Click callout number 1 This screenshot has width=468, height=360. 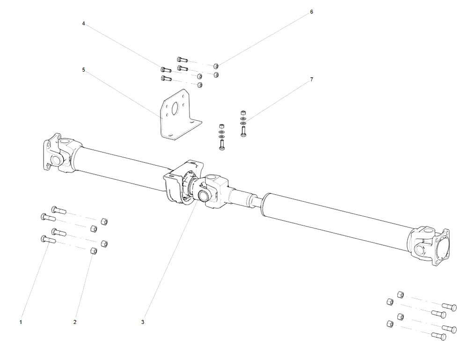pyautogui.click(x=21, y=322)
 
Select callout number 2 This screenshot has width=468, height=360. pyautogui.click(x=75, y=322)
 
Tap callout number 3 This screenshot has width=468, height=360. pyautogui.click(x=143, y=322)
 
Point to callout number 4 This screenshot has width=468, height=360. pyautogui.click(x=83, y=23)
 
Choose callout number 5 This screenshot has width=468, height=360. pyautogui.click(x=83, y=70)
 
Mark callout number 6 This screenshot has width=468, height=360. pyautogui.click(x=312, y=12)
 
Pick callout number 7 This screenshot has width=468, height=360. pyautogui.click(x=312, y=80)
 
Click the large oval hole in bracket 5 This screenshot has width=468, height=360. pyautogui.click(x=174, y=109)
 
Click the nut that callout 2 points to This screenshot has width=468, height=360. pyautogui.click(x=93, y=251)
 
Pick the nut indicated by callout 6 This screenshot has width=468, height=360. pyautogui.click(x=216, y=66)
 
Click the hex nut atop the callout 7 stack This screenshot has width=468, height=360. pyautogui.click(x=243, y=112)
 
